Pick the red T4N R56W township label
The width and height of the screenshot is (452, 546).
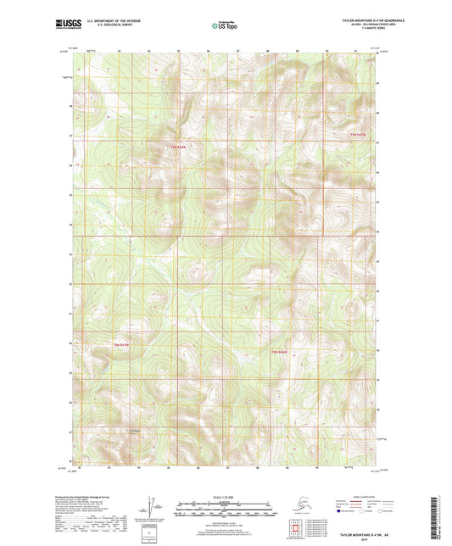pos(280,351)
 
